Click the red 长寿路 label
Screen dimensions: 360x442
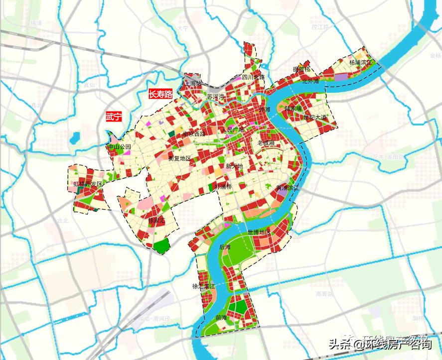(x=161, y=94)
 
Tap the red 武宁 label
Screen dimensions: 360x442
(x=114, y=118)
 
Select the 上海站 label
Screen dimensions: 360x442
(x=193, y=83)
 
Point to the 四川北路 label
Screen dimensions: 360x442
(x=253, y=78)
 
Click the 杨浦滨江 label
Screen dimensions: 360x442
(x=360, y=63)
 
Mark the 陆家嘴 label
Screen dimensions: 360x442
(x=293, y=108)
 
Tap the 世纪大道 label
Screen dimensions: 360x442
(x=315, y=118)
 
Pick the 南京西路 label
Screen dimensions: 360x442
(x=194, y=133)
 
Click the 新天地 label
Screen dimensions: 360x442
(x=234, y=166)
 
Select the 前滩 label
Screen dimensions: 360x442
(x=221, y=317)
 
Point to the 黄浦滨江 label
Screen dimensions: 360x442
(x=287, y=188)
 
